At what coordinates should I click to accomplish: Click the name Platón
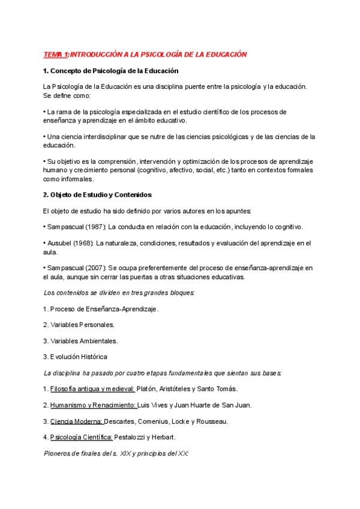click(x=148, y=389)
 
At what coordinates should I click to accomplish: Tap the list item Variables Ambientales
click(x=84, y=341)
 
